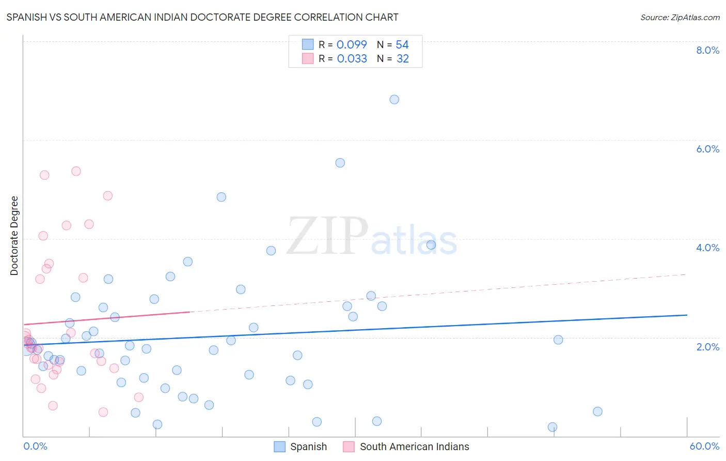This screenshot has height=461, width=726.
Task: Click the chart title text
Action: (202, 17)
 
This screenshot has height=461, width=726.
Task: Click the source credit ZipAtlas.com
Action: (680, 17)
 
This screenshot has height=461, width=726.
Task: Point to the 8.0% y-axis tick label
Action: (707, 50)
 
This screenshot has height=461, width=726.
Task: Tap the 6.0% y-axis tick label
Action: (707, 149)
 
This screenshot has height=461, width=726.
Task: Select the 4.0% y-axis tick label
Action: (707, 248)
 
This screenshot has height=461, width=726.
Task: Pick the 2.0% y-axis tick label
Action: (707, 347)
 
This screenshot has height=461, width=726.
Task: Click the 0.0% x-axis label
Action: (35, 446)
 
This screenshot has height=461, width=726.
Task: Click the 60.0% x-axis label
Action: (704, 446)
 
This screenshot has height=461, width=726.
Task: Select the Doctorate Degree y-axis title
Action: (14, 236)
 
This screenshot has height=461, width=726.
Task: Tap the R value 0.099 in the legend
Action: (352, 45)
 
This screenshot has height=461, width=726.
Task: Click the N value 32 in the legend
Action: (403, 59)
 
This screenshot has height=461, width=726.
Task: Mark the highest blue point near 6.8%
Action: (394, 99)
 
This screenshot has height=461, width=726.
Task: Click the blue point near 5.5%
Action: (340, 163)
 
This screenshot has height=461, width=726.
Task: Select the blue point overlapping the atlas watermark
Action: (431, 245)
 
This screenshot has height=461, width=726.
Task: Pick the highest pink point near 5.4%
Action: (76, 171)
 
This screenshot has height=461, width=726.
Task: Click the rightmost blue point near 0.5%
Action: (597, 411)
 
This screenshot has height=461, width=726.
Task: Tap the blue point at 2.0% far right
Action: (558, 340)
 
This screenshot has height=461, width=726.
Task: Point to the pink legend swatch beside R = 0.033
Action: (308, 59)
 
